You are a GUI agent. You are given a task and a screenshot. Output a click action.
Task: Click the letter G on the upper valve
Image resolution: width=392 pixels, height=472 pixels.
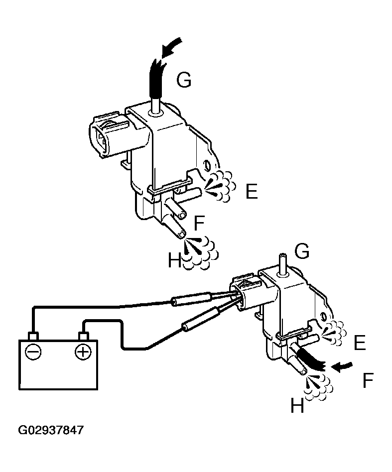click(184, 80)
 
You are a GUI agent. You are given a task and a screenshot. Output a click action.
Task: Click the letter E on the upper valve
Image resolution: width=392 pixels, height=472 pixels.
click(252, 191)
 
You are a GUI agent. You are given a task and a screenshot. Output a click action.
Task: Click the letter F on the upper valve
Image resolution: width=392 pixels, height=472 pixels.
click(199, 224)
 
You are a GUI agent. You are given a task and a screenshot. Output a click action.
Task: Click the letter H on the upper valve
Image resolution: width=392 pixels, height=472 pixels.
click(174, 259)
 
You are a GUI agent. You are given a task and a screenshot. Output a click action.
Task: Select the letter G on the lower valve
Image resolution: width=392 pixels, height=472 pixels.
click(301, 251)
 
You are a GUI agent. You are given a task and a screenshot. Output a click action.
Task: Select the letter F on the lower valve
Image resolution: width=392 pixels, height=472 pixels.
click(368, 381)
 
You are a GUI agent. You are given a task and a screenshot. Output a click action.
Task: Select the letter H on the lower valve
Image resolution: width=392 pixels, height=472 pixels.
click(297, 406)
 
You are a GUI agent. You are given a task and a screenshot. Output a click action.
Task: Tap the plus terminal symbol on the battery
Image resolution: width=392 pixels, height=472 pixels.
click(82, 353)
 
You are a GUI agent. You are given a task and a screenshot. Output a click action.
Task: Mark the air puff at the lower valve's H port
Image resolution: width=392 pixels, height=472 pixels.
click(317, 386)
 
